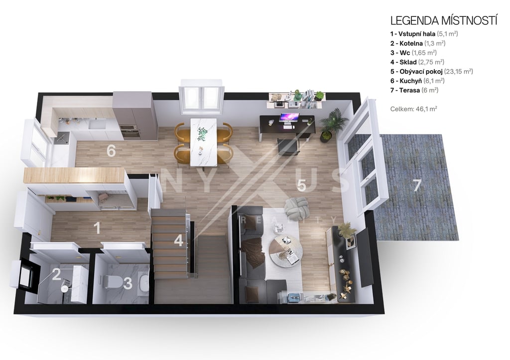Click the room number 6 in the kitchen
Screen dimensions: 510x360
pos(111,151)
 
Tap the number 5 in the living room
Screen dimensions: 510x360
pos(301,185)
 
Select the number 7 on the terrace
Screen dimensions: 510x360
pos(417,186)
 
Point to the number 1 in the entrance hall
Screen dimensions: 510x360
pos(97,228)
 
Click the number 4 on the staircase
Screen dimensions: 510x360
pos(179,240)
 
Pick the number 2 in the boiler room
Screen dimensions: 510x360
pos(57,275)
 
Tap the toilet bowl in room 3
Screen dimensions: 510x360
pos(113,282)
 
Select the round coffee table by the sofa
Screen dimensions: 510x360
pos(286,251)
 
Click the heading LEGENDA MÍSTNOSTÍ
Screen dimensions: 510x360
pos(444,20)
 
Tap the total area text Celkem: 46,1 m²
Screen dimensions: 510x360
pos(414,109)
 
